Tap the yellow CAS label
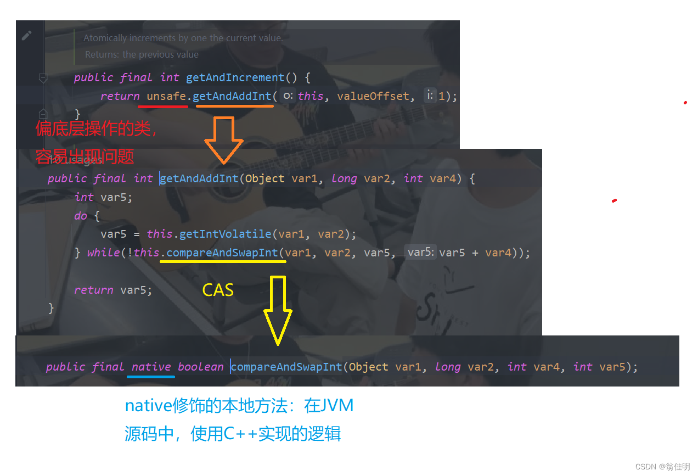(x=218, y=290)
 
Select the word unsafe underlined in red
(x=166, y=96)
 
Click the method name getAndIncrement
(x=235, y=77)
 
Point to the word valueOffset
(x=373, y=96)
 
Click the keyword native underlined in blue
(x=151, y=367)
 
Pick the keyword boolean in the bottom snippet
(x=201, y=367)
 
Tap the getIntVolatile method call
(x=225, y=234)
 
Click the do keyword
(x=81, y=216)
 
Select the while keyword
(x=103, y=253)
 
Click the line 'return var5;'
(x=113, y=290)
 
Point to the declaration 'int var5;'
(x=103, y=197)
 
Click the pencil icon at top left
(x=26, y=36)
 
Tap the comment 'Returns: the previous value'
(x=142, y=54)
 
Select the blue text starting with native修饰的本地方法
(x=239, y=406)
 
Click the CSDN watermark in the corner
(x=662, y=467)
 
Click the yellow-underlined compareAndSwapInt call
(x=222, y=253)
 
